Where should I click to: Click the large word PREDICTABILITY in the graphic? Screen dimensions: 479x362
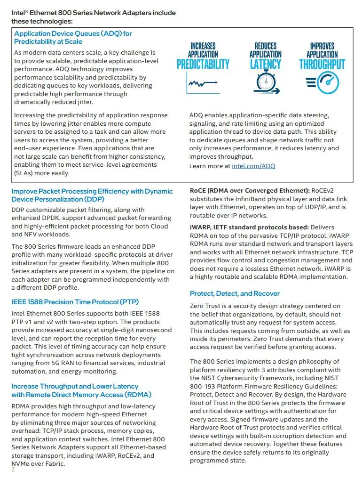(203, 64)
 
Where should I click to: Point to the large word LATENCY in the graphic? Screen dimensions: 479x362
(265, 64)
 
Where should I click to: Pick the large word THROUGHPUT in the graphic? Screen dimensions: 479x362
(322, 64)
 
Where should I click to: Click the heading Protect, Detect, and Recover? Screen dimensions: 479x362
(235, 293)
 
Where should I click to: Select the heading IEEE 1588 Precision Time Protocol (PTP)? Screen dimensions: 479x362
(75, 302)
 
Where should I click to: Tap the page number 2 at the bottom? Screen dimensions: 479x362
(13, 470)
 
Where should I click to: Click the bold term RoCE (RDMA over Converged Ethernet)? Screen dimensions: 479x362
(249, 191)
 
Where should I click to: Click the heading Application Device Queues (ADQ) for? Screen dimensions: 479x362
(73, 33)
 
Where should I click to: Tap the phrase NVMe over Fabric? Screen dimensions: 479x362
(38, 463)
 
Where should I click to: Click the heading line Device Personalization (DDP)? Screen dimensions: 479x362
(58, 199)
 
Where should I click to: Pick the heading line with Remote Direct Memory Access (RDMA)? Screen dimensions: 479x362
(81, 395)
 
